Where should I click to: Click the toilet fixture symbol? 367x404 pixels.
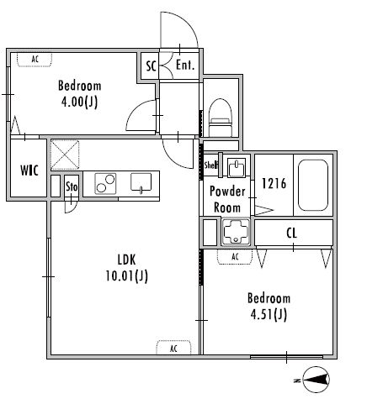pos(221,118)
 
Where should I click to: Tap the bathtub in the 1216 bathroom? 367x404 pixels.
pos(313,185)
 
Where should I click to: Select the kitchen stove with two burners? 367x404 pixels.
pos(105,184)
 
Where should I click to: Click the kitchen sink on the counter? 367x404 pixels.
pos(141,183)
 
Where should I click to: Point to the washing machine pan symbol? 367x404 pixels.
pos(236,232)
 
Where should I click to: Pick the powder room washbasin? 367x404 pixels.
pos(237,167)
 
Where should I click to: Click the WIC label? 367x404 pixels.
pos(29,171)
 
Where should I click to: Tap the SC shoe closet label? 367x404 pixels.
pos(151,66)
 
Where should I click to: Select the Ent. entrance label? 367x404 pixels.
pos(185,66)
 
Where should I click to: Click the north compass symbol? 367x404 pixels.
pos(316,380)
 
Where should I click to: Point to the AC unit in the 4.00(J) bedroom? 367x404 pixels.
pos(35,60)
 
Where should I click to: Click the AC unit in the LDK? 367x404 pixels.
pos(173,348)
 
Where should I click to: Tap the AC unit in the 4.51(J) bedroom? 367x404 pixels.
pos(235,257)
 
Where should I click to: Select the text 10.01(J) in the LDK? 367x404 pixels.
pos(126,276)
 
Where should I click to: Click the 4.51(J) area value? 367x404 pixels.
pos(269,315)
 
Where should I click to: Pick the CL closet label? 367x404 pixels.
pos(291,233)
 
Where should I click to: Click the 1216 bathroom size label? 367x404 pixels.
pos(274,184)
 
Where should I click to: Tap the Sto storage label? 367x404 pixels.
pos(72,186)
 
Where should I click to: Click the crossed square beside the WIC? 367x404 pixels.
pos(65,155)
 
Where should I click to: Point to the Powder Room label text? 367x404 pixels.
pos(227,200)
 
